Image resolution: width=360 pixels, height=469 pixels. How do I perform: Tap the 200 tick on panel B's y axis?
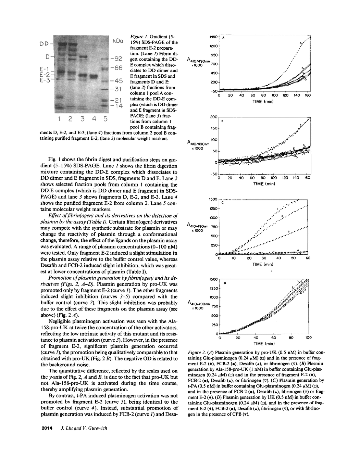(214, 117)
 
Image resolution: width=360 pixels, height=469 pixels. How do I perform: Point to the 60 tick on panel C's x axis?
(308, 258)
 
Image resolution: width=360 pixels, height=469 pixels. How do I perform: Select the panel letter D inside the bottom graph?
(225, 283)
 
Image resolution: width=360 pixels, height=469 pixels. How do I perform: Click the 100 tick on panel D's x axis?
(308, 338)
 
